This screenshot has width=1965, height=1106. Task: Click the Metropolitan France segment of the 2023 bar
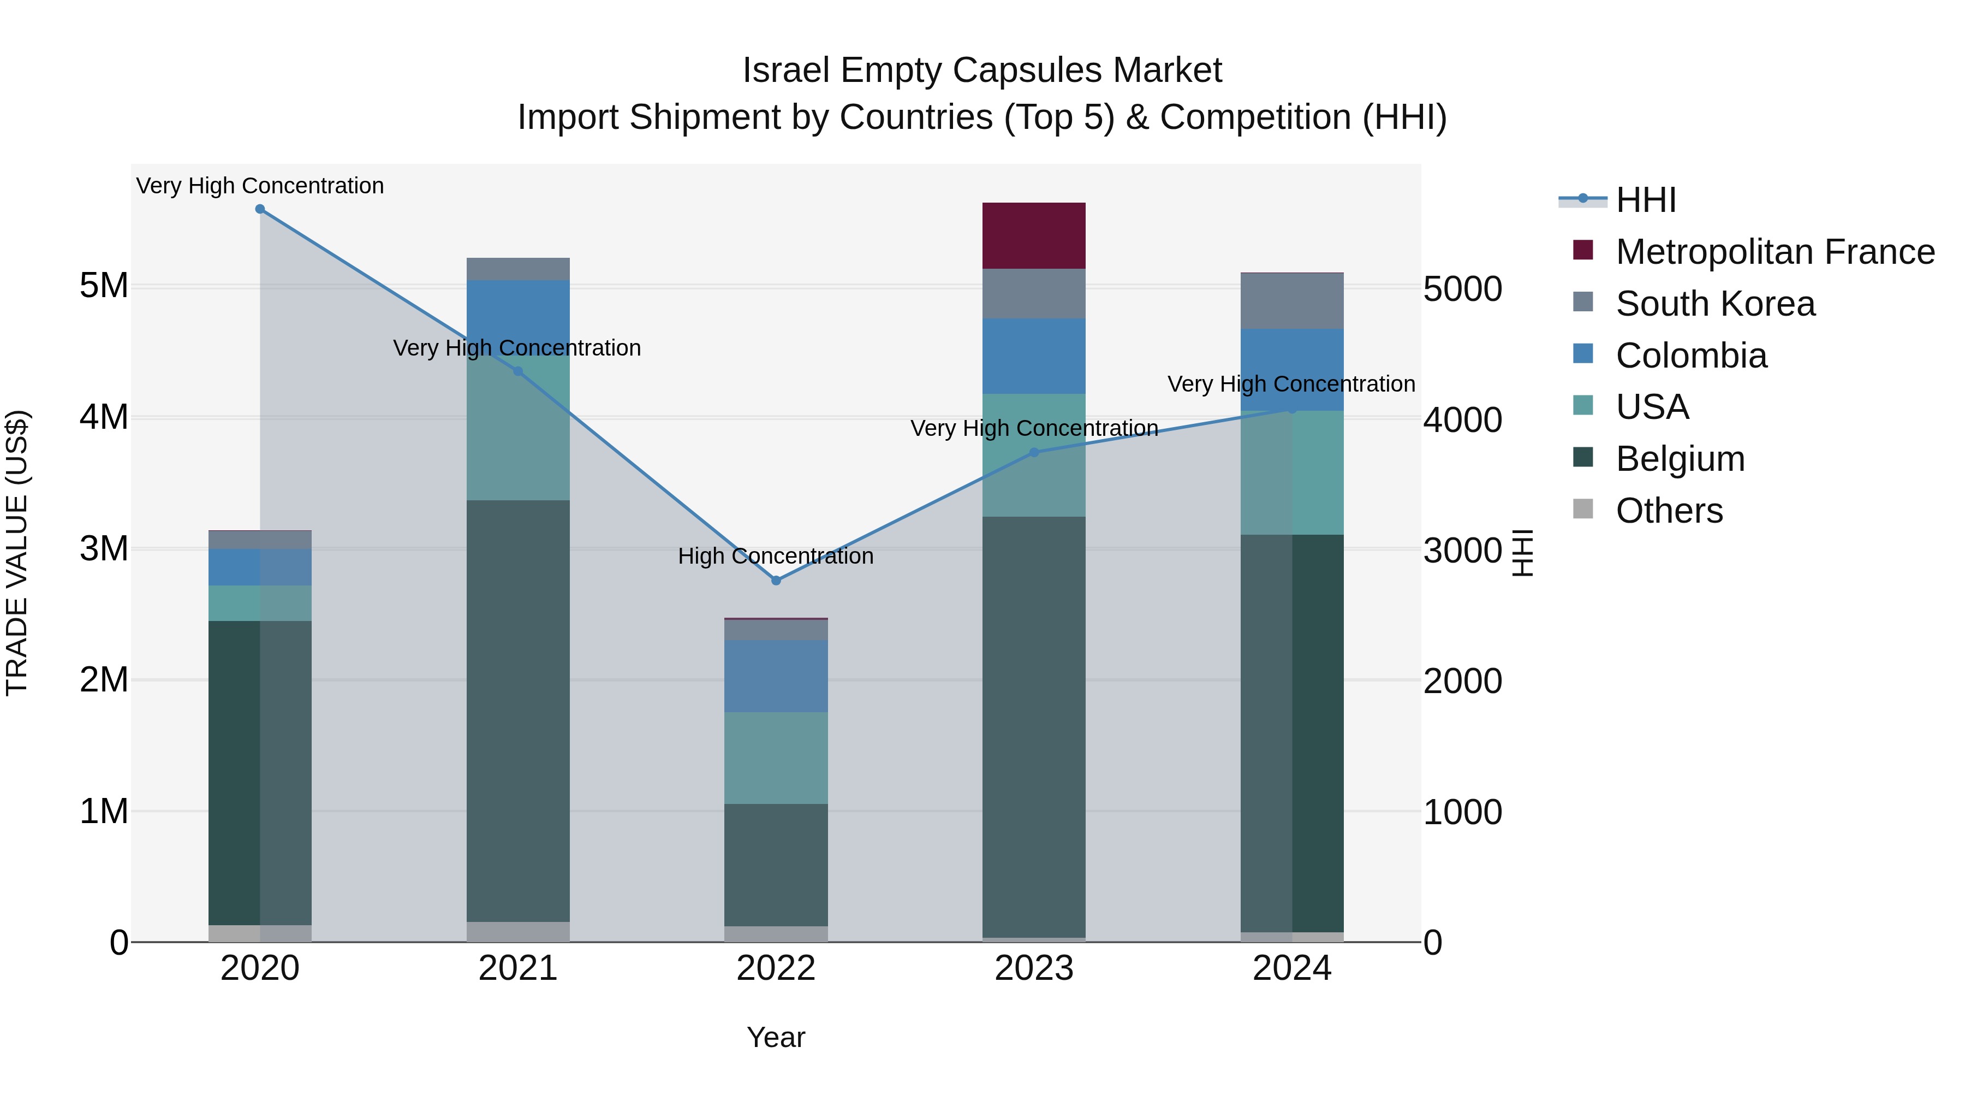point(1034,235)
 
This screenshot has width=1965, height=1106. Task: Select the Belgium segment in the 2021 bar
point(518,710)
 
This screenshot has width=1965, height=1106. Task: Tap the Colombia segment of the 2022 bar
point(776,676)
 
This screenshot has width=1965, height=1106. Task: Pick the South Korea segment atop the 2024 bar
point(1291,301)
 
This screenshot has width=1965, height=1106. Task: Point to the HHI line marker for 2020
point(260,209)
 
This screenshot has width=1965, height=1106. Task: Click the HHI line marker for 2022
point(776,580)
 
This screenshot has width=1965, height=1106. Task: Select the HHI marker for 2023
point(1034,452)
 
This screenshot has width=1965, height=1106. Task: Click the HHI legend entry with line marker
point(1645,200)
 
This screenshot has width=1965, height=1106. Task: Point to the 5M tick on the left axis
point(104,286)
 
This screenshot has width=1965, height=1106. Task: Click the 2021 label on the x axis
point(518,968)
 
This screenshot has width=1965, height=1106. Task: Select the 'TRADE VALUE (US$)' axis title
point(17,553)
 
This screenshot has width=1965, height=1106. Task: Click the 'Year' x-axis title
point(776,1037)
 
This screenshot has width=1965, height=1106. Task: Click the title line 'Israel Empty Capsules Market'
point(982,70)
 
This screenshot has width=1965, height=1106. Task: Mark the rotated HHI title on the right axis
point(1522,553)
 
